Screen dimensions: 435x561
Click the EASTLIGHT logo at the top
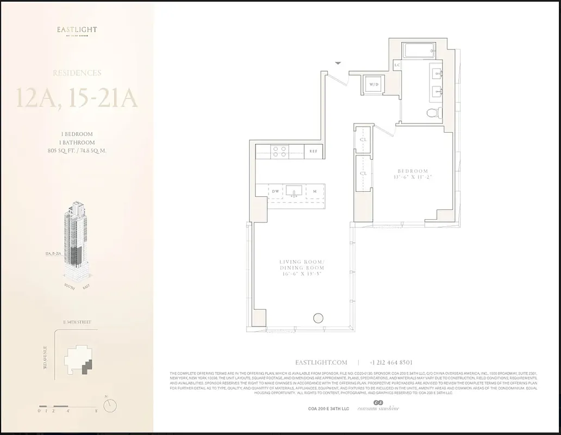click(77, 30)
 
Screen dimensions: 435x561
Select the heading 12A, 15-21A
click(77, 100)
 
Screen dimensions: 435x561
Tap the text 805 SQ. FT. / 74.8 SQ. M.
click(77, 151)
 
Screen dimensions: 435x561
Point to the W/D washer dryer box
click(374, 85)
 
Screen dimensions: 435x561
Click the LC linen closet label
click(397, 65)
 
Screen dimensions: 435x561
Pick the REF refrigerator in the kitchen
click(314, 152)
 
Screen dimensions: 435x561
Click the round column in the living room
click(317, 319)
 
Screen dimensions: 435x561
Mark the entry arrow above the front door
click(338, 64)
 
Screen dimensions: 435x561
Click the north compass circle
click(113, 405)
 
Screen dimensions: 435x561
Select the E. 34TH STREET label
click(76, 322)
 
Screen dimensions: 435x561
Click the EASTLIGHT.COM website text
click(321, 362)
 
